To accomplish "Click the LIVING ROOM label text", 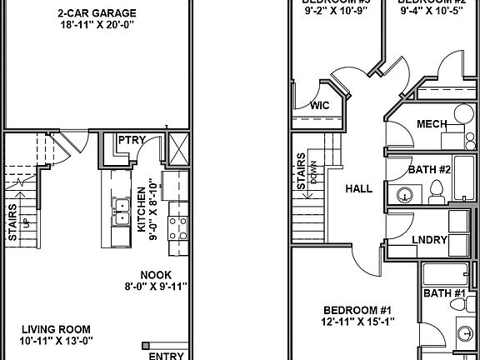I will [x=56, y=328].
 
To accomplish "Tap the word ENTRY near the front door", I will [x=169, y=355].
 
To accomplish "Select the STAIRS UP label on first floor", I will [x=15, y=223].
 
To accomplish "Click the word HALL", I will [x=358, y=189].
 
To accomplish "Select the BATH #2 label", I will [x=429, y=170].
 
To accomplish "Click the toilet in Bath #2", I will [x=433, y=193].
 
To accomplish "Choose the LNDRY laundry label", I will [x=429, y=241].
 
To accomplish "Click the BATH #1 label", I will [x=444, y=293].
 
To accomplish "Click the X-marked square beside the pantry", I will [x=177, y=151].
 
